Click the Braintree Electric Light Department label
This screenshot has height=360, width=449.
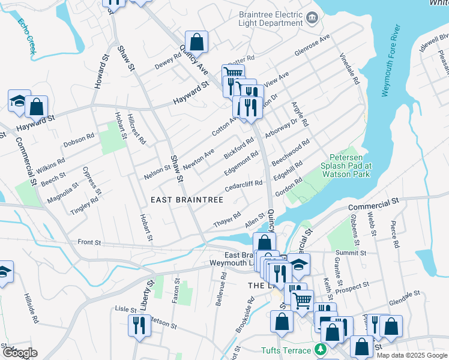pos(270,18)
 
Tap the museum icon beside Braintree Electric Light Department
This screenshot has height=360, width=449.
pos(312,18)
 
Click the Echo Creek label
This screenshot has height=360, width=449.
pos(27,37)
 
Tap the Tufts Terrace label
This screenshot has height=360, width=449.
pos(286,350)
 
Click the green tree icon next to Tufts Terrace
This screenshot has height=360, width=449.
pos(321,350)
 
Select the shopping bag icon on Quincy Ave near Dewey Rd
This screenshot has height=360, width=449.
pos(196,42)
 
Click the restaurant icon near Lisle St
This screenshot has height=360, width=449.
pos(139,326)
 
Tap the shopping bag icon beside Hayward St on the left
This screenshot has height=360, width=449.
pos(37,107)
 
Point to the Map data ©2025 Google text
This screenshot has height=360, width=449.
pos(411,355)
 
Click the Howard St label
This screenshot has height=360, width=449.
pos(100,72)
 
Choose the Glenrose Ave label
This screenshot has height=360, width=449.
pos(312,45)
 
